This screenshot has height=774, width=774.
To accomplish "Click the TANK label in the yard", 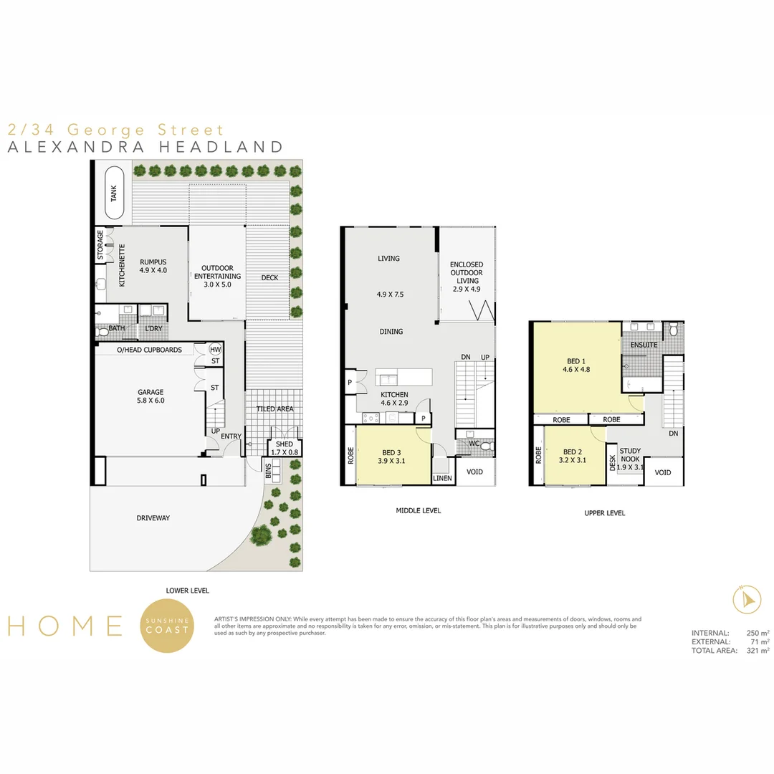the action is (113, 193).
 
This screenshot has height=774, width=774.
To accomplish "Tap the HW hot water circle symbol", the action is (215, 350).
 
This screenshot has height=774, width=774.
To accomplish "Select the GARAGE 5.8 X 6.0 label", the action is (150, 396).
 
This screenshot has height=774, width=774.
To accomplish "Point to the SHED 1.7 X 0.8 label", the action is (285, 448).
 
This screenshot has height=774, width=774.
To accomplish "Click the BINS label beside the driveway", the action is (269, 470).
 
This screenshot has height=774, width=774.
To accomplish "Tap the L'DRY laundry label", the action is (153, 328).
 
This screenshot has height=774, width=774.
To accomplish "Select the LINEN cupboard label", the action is (442, 478).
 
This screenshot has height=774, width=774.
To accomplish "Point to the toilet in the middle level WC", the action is (486, 446).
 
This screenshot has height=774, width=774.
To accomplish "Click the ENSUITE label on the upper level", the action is (644, 345).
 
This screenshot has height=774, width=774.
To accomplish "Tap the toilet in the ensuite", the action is (673, 330).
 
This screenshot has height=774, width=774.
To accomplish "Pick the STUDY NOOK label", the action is (631, 454).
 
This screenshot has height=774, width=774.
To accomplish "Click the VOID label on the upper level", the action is (662, 472).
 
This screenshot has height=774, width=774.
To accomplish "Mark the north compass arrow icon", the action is (747, 599).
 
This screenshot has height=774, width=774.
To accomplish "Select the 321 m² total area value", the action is (758, 651).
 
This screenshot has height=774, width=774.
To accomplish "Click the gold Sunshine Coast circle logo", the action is (167, 626).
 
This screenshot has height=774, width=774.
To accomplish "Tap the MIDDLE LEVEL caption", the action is (418, 510).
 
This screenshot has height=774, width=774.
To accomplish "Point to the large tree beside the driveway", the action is (261, 535).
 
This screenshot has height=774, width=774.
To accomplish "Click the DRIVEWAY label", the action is (153, 518).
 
